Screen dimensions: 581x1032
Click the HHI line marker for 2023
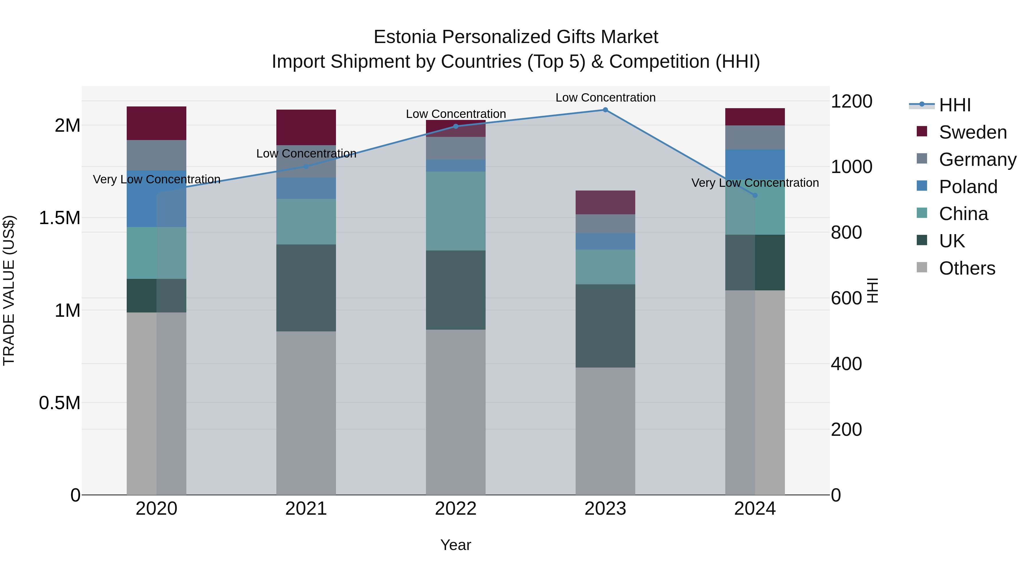(605, 110)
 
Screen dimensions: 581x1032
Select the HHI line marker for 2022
(456, 126)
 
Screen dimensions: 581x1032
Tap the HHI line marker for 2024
(755, 195)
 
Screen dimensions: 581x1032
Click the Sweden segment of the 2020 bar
(156, 123)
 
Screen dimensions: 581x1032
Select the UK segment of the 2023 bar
(605, 326)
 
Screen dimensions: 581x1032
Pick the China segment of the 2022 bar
(456, 211)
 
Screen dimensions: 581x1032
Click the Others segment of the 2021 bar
(306, 413)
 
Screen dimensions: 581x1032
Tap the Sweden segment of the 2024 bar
(755, 117)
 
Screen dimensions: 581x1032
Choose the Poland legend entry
(967, 187)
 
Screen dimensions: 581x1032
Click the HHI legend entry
(954, 105)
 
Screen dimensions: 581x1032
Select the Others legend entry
(966, 268)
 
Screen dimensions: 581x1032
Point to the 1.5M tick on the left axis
(60, 218)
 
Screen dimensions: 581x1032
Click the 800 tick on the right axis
(846, 233)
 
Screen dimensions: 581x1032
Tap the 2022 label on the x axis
(456, 509)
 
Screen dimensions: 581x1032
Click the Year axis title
(456, 545)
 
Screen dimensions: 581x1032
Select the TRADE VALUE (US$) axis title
(9, 290)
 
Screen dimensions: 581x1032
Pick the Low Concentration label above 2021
(306, 153)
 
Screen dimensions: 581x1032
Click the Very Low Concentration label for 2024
(755, 183)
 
